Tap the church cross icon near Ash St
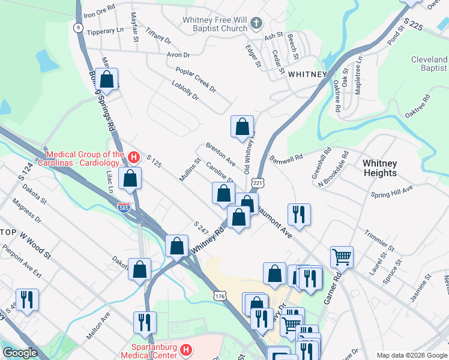(x=256, y=24)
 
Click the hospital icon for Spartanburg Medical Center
(x=186, y=349)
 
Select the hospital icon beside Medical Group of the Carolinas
(x=134, y=158)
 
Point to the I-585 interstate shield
(x=122, y=207)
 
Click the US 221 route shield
(x=258, y=182)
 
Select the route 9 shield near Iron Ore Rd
(x=78, y=27)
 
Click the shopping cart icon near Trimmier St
(x=342, y=256)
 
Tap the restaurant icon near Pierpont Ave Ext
(x=27, y=299)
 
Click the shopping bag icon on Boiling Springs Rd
(x=107, y=79)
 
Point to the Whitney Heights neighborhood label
(x=380, y=168)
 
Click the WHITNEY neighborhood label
(x=307, y=74)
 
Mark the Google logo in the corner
(x=20, y=353)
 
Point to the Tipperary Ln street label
(x=105, y=31)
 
